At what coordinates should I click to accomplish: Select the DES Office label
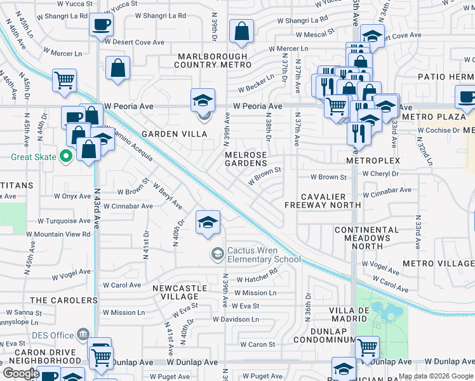52,335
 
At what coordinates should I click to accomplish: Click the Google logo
20,373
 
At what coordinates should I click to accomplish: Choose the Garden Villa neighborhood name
174,134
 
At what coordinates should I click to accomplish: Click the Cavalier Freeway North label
323,201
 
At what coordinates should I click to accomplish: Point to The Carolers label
64,300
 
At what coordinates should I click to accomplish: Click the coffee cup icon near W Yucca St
101,25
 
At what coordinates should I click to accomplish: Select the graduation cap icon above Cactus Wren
208,223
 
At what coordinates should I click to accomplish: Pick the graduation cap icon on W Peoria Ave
203,100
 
